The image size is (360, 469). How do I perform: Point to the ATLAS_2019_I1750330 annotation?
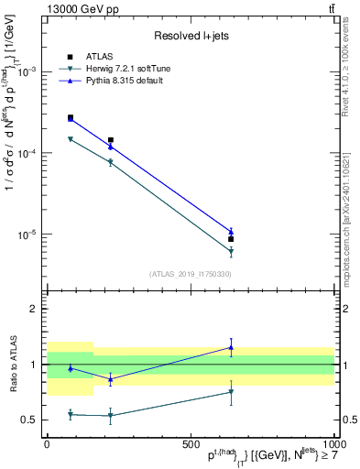click(x=190, y=273)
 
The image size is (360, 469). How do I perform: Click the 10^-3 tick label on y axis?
click(x=27, y=72)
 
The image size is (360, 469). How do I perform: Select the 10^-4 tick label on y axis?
click(x=27, y=154)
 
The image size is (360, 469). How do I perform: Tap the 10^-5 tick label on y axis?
click(x=27, y=234)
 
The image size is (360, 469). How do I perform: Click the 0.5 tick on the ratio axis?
click(x=30, y=420)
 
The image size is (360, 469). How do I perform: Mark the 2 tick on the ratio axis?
click(x=35, y=310)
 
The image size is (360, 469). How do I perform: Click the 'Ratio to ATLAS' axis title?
click(x=11, y=365)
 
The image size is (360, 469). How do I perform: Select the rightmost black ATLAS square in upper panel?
click(x=231, y=239)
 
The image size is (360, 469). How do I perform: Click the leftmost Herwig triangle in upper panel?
click(x=71, y=139)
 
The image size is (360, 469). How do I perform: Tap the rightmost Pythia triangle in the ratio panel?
click(x=231, y=347)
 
